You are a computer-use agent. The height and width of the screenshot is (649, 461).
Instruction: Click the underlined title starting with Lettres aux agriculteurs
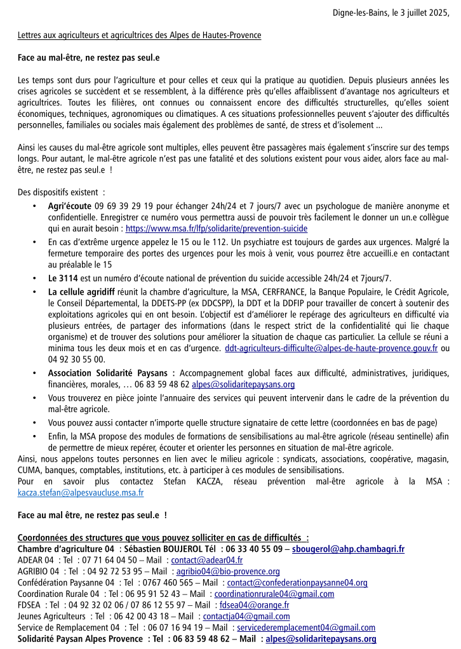point(139,35)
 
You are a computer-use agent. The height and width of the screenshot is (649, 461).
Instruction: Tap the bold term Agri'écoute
point(70,206)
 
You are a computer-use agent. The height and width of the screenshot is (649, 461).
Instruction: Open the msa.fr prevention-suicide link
point(217,228)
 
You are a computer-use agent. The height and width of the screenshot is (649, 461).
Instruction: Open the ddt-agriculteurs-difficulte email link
point(331,348)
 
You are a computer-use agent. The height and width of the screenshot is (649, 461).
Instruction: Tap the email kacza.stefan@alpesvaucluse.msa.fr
point(81,492)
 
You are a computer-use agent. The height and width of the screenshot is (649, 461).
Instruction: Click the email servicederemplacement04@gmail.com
point(306,628)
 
